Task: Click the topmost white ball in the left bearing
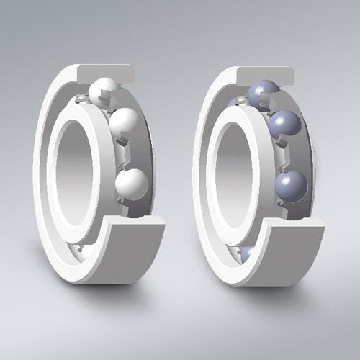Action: [x=102, y=90]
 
